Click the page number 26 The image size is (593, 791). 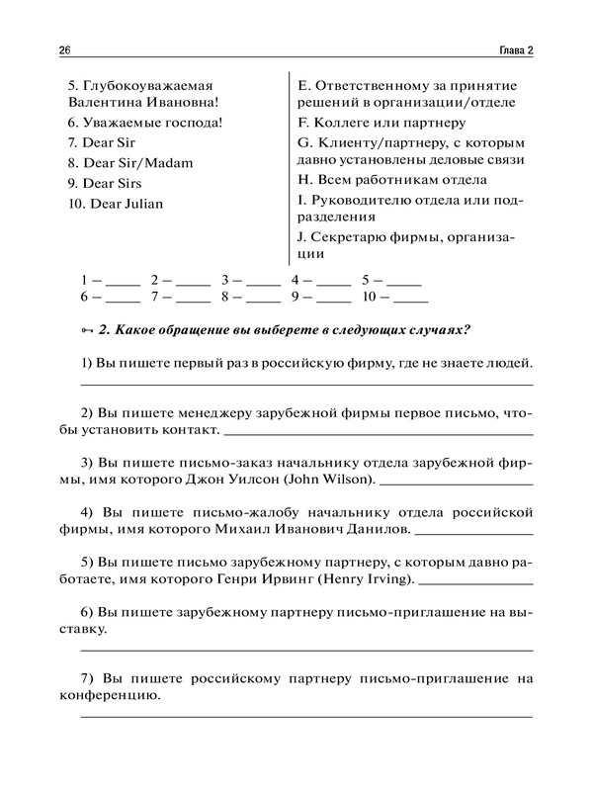click(x=66, y=50)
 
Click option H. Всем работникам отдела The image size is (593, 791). click(x=391, y=180)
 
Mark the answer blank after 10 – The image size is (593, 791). click(x=410, y=297)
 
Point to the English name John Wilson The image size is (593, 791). click(x=329, y=480)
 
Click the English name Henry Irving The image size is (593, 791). click(x=372, y=580)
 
